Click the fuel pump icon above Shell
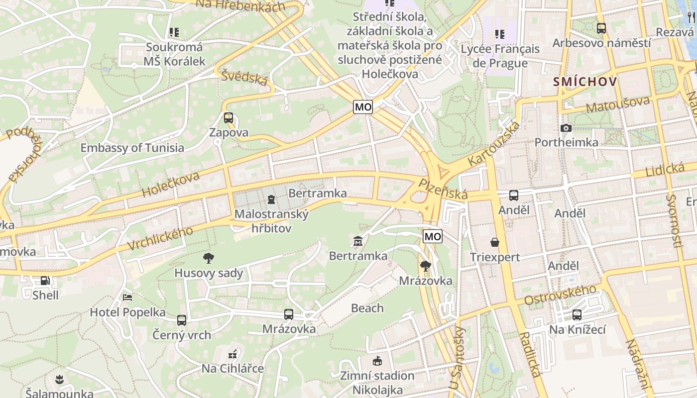(45, 281)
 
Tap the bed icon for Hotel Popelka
(127, 298)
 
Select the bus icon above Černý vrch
(182, 320)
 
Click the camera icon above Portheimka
(566, 128)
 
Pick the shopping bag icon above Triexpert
(495, 242)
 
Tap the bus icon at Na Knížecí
(577, 315)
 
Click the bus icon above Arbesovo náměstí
(601, 28)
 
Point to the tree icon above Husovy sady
(209, 258)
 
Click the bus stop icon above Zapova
(229, 118)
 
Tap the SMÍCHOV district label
(585, 82)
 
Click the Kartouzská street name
(494, 144)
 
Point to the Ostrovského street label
(560, 295)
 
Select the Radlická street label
(530, 354)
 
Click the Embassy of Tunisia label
(132, 148)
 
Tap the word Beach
(367, 308)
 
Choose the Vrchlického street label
(160, 239)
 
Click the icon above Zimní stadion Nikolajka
(377, 361)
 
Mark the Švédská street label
(245, 78)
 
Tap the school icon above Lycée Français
(500, 34)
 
